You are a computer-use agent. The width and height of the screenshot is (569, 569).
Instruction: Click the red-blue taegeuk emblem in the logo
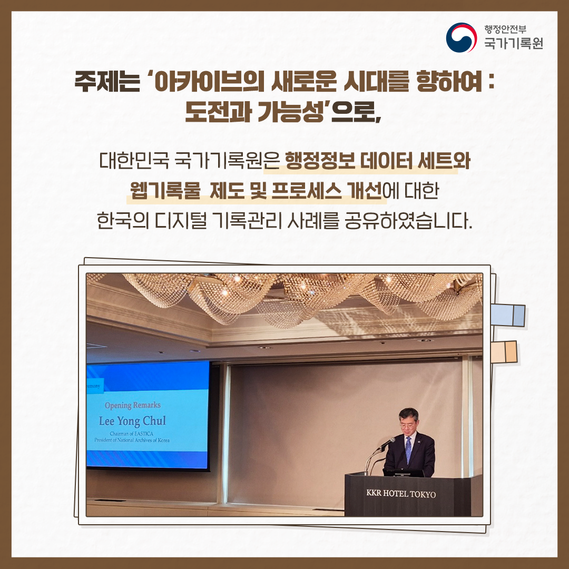[461, 37]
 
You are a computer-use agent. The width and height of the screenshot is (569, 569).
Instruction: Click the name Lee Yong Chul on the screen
[133, 421]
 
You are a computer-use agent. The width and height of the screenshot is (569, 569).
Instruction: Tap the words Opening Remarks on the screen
[132, 406]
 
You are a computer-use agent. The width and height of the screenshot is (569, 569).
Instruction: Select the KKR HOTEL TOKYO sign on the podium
[401, 494]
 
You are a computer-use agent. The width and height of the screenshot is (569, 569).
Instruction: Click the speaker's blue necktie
[408, 450]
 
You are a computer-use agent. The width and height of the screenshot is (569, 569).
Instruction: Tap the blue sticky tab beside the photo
[507, 315]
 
